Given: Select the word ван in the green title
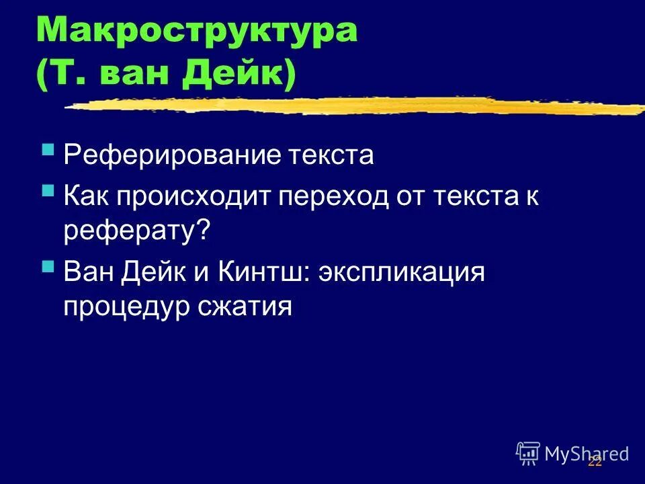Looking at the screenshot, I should [x=131, y=75].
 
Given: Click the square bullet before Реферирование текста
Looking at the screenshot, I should [x=48, y=150].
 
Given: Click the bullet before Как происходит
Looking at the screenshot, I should [x=48, y=191].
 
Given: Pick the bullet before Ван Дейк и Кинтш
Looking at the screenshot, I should [x=48, y=266].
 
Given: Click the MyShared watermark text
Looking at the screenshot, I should [x=587, y=454].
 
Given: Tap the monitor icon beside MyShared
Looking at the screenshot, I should [x=528, y=453].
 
